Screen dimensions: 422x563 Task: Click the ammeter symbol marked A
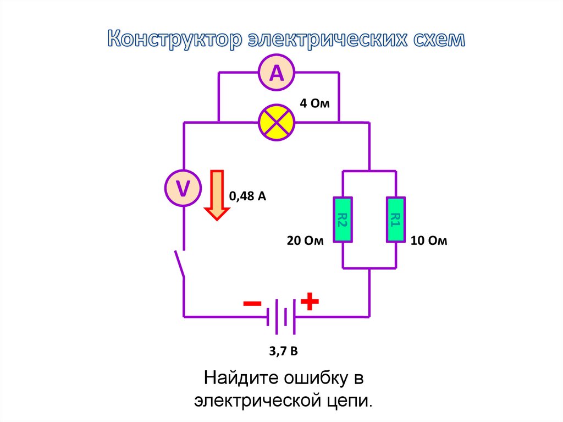tap(277, 73)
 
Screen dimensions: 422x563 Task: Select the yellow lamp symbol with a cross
tap(277, 122)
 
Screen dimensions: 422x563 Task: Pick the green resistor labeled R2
tap(343, 220)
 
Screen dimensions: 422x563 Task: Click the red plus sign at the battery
tap(310, 301)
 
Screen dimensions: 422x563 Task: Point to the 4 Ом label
tap(314, 103)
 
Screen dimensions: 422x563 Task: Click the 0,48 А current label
tap(247, 196)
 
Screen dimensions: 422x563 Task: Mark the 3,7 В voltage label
tap(283, 350)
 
